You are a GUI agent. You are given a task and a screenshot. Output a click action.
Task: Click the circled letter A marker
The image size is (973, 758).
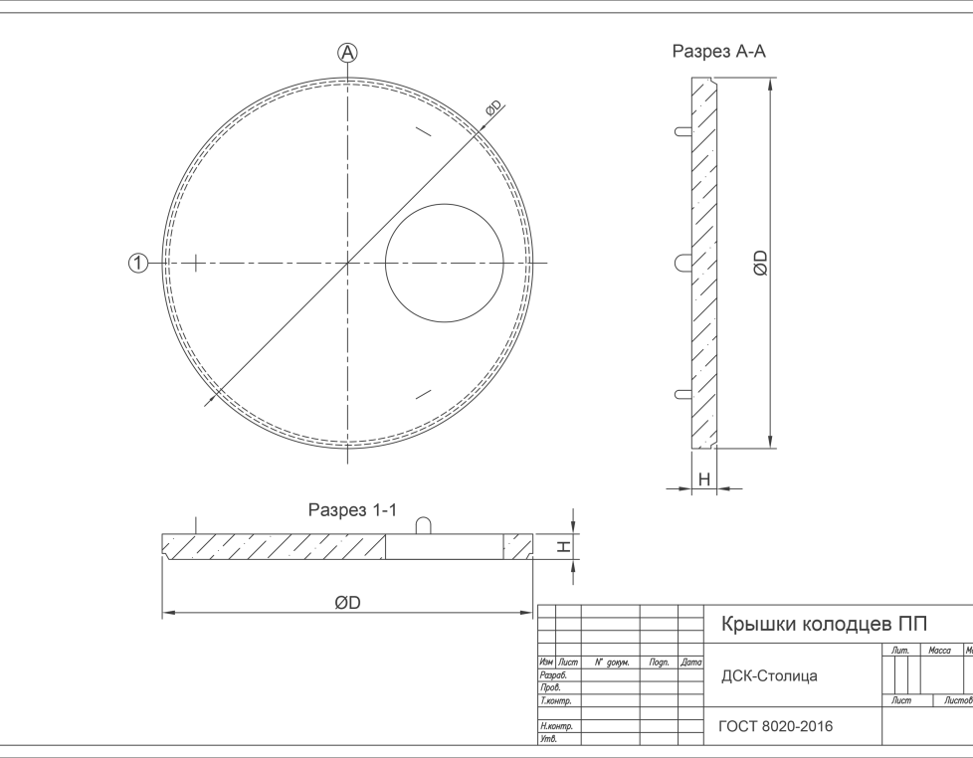[x=347, y=53]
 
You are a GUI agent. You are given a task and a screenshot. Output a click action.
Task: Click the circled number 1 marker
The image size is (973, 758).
[x=138, y=263]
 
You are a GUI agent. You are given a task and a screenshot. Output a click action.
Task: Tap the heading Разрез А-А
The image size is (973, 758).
[x=718, y=52]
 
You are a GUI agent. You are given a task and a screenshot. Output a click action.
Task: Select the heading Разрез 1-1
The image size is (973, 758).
[x=352, y=510]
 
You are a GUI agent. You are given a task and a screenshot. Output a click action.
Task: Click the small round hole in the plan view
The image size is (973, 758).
[x=445, y=263]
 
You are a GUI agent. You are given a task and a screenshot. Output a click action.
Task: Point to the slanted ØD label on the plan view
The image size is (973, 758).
[x=493, y=108]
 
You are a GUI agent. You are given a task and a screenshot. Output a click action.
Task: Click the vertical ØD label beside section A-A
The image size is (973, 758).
[x=761, y=263]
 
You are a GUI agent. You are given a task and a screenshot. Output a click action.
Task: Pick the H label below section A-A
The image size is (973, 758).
[x=704, y=478]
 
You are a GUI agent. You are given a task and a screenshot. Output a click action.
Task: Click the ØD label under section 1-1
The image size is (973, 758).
[x=347, y=602]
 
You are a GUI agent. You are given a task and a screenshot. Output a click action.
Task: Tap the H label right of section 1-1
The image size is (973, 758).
[x=563, y=546]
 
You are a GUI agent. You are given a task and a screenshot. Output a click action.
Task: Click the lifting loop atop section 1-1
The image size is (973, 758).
[x=423, y=525]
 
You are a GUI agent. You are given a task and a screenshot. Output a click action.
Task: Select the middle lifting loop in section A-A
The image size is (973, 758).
[x=683, y=263]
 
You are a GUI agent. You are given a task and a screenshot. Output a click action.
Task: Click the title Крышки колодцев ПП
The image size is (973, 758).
[x=824, y=624]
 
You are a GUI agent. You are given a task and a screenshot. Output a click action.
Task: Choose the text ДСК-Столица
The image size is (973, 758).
[x=769, y=676]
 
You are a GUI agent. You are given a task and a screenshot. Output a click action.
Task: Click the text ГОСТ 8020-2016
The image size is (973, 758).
[x=776, y=726]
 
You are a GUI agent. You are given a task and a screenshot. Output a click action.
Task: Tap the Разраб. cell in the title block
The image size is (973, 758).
[x=553, y=675]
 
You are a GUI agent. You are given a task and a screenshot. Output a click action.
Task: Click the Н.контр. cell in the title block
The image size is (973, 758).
[x=556, y=726]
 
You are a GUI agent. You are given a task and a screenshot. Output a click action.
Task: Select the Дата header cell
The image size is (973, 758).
[x=690, y=663]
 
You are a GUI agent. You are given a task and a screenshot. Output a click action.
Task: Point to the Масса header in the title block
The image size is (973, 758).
[x=939, y=650]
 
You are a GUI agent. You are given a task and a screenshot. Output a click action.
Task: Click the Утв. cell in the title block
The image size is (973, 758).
[x=548, y=739]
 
